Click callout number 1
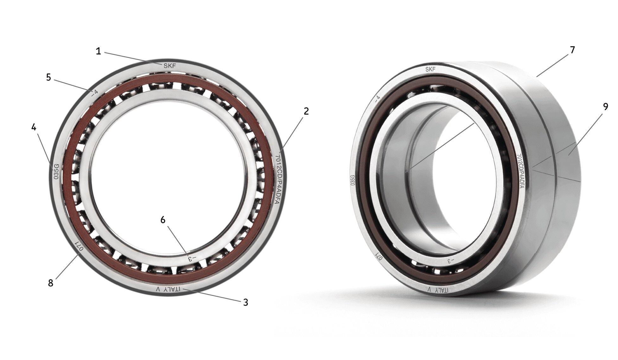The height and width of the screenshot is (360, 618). [x=98, y=51]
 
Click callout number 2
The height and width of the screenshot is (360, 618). [x=306, y=111]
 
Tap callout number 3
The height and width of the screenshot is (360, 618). [x=245, y=302]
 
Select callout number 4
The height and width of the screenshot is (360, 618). [x=34, y=127]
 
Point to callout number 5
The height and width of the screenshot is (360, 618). [x=48, y=77]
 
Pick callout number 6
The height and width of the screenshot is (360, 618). [x=163, y=220]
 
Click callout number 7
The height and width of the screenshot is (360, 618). [x=572, y=50]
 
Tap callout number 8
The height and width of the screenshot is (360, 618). [x=51, y=283]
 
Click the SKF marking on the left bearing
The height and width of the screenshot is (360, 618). [x=169, y=66]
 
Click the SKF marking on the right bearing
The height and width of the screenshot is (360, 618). [x=430, y=69]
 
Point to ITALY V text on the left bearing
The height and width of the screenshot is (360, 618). [x=168, y=289]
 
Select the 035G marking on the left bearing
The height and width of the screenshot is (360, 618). [x=56, y=172]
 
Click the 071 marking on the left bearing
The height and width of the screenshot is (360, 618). [x=78, y=246]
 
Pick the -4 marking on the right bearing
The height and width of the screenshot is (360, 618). [x=378, y=98]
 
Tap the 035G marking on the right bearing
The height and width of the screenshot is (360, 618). [x=352, y=180]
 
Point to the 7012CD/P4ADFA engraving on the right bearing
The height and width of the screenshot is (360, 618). [x=520, y=172]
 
